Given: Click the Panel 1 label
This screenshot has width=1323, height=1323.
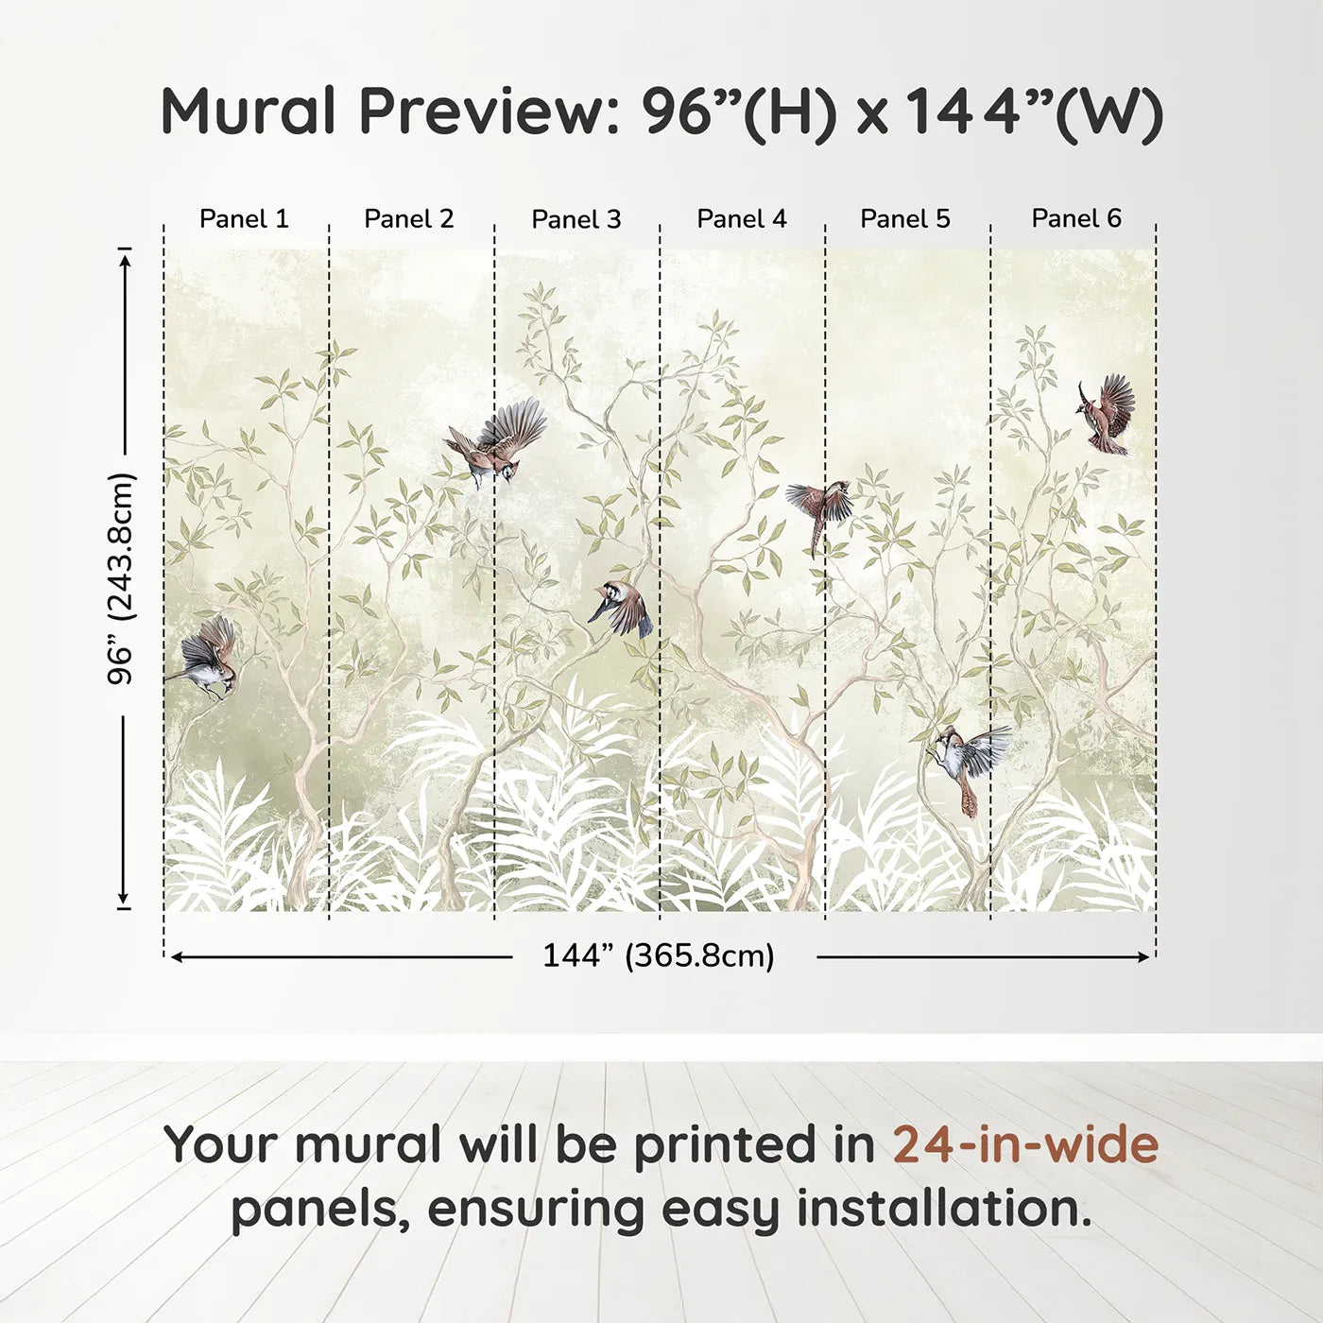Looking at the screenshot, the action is [244, 218].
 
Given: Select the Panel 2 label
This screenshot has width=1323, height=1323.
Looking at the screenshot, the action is [408, 218].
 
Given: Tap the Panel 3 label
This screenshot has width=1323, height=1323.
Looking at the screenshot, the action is [576, 219].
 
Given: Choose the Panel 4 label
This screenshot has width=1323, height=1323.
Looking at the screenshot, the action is [742, 218].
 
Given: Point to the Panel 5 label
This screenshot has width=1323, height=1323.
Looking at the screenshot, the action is [905, 218].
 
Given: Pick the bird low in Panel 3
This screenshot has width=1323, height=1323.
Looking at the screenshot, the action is [621, 609].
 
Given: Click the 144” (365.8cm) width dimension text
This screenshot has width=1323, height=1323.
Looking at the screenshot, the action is [659, 955].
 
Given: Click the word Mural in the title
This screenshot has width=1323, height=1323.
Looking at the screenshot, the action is [249, 111].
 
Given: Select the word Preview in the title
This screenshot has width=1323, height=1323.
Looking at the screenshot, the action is [490, 111].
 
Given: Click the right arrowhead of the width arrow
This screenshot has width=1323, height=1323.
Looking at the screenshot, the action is [1143, 957].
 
